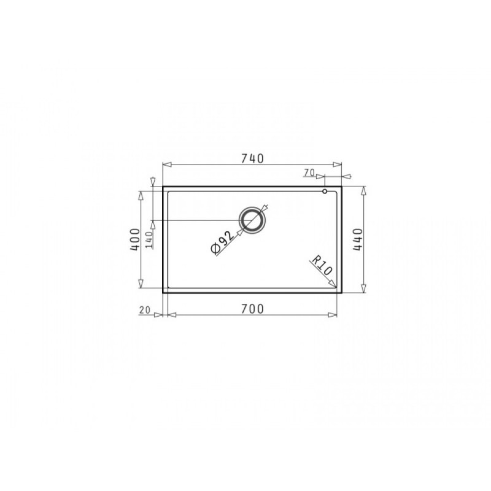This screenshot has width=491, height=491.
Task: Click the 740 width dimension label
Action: (x=252, y=159)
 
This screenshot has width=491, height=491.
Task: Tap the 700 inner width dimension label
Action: (x=252, y=309)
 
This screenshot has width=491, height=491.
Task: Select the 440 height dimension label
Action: (x=357, y=239)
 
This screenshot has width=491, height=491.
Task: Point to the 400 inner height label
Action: (x=135, y=239)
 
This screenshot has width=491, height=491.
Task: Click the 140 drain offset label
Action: (x=149, y=240)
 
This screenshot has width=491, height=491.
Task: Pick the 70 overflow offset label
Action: (x=309, y=172)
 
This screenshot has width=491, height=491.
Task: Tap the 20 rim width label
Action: (x=145, y=310)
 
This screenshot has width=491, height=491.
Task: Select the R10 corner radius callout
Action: (x=321, y=266)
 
